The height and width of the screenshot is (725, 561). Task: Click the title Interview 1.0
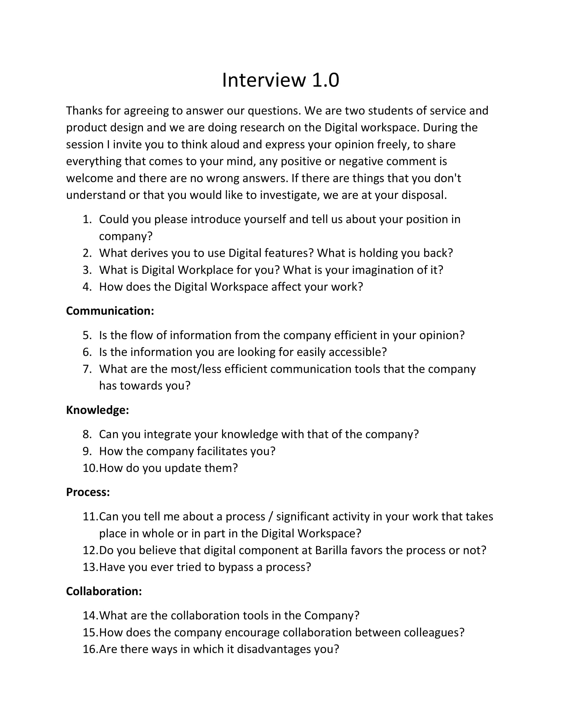280,80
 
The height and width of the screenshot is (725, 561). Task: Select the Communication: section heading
110,311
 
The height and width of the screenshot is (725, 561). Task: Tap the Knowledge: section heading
97,410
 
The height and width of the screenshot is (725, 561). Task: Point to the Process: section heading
88,492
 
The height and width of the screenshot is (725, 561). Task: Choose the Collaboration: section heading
104,591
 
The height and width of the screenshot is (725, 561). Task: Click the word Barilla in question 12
331,550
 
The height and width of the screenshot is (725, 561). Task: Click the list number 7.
87,369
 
